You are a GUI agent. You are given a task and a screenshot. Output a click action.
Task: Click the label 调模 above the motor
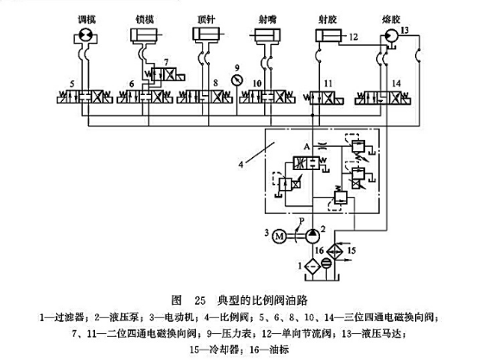[x=89, y=16]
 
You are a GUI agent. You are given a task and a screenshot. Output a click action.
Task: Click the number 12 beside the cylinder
[x=355, y=37]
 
